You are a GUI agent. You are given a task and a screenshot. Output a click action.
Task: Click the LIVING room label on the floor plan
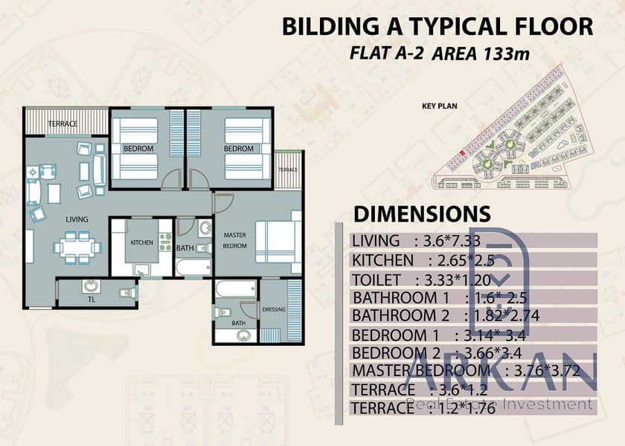click(77, 219)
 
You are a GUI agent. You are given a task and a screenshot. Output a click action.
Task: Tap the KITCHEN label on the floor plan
click(142, 242)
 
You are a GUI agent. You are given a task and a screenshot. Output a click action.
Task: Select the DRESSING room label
click(274, 309)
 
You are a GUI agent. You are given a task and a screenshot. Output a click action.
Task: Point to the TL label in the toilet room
click(92, 300)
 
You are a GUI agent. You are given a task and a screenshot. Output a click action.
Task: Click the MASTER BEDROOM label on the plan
click(235, 241)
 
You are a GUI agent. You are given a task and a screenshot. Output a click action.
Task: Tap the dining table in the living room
click(77, 248)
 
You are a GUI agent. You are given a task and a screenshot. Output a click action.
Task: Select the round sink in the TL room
click(92, 286)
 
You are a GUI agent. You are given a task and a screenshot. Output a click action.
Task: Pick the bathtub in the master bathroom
click(236, 288)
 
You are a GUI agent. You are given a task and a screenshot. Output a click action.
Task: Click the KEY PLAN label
click(439, 106)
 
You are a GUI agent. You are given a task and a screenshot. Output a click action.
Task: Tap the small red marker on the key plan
click(462, 153)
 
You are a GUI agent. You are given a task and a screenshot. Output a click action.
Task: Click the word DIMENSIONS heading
click(422, 214)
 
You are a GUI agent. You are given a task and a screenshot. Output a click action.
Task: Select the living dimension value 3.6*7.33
click(452, 241)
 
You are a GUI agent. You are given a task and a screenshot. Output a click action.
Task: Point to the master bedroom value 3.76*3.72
click(547, 371)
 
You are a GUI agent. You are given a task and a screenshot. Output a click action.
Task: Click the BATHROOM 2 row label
click(400, 316)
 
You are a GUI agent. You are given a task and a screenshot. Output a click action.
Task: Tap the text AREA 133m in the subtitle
click(481, 54)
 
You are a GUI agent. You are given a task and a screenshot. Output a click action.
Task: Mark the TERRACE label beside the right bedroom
click(288, 169)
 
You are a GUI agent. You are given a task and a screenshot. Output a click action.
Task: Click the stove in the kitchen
click(165, 242)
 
